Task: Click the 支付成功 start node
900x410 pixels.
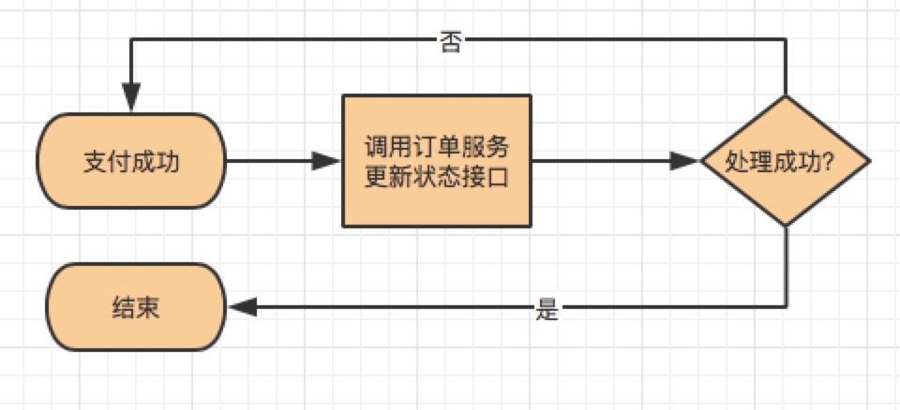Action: click(x=131, y=161)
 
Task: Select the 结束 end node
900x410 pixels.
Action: click(x=137, y=308)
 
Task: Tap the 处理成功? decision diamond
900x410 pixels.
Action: click(x=786, y=161)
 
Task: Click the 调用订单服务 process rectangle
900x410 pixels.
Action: click(x=437, y=161)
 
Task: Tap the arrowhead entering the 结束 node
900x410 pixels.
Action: click(x=241, y=307)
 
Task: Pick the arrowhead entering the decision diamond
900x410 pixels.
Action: click(x=688, y=161)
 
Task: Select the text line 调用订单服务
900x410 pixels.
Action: click(x=437, y=147)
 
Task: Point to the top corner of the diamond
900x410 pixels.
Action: click(x=786, y=96)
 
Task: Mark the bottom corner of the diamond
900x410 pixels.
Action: click(x=786, y=226)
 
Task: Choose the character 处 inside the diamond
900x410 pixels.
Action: click(x=737, y=161)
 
